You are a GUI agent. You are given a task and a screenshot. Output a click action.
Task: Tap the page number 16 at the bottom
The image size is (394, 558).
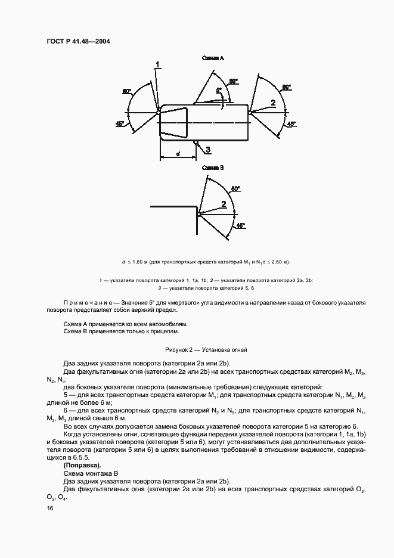[x=49, y=509]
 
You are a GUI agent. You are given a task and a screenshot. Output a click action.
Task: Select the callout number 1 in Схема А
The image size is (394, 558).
[x=158, y=64]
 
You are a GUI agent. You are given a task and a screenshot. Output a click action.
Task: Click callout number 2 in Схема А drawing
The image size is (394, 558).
[x=274, y=103]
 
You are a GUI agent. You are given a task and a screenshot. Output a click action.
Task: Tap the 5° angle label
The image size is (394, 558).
[x=219, y=90]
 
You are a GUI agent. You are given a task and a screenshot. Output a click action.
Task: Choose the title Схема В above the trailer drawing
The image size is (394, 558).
[x=212, y=168]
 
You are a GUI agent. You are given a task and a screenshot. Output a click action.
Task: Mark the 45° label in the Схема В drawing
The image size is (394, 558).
[x=241, y=225]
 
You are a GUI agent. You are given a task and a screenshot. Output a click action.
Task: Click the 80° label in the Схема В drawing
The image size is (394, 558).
[x=235, y=188]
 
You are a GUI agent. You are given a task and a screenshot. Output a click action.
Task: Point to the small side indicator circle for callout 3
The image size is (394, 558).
[x=195, y=142]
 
